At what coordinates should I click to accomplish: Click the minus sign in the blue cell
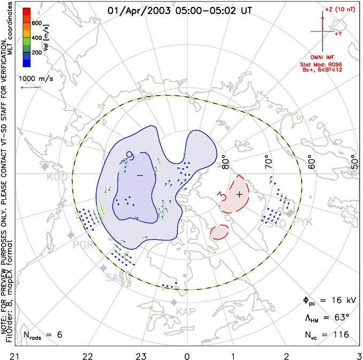(x=140, y=175)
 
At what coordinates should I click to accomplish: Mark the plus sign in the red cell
(x=239, y=194)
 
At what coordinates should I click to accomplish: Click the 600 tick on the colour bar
(x=37, y=23)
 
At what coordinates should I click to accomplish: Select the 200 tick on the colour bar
(x=37, y=53)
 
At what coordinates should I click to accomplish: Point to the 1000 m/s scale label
(x=41, y=78)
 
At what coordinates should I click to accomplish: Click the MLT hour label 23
(x=141, y=354)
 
